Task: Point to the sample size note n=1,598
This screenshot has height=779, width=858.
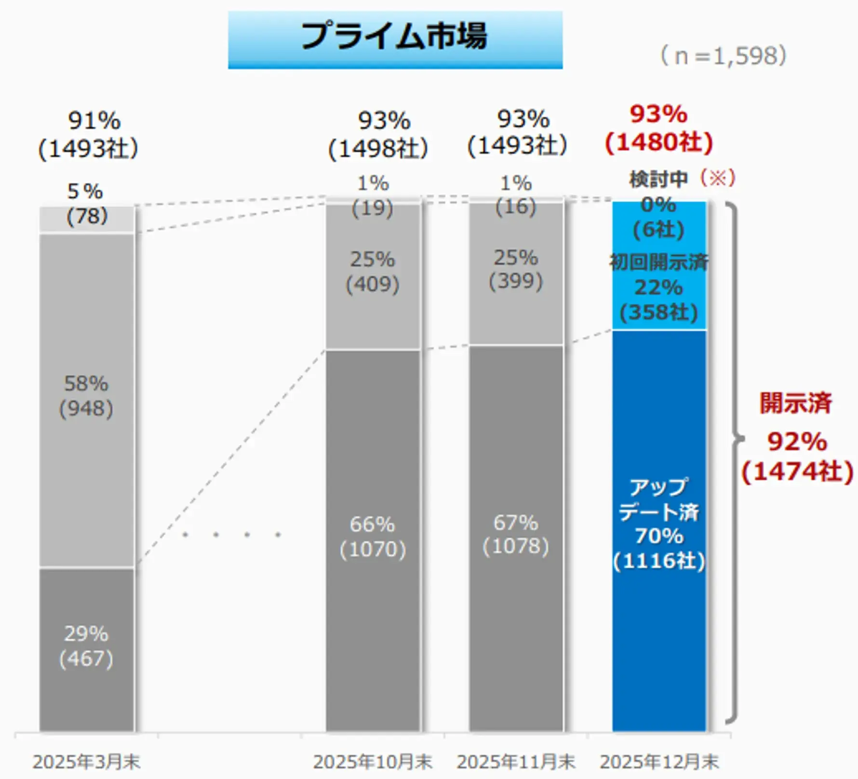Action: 723,56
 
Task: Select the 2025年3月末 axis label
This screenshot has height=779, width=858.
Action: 86,762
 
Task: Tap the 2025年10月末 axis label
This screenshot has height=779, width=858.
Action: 373,762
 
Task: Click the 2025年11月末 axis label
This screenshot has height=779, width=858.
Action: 516,762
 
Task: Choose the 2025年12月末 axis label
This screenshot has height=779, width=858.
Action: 659,762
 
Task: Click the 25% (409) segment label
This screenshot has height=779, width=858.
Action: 373,272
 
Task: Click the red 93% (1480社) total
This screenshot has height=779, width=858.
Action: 659,129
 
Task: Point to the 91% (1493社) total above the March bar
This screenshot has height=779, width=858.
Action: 88,134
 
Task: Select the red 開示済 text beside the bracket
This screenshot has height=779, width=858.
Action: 796,403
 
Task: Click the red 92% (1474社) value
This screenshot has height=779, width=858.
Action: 797,456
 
